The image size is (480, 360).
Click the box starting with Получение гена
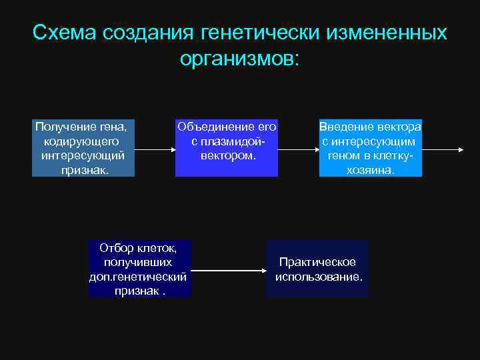[83, 148]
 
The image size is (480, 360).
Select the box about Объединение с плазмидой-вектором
[227, 148]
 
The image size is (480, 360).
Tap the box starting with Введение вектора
[371, 148]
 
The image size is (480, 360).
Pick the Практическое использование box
[317, 269]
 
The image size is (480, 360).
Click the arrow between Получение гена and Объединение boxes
[155, 149]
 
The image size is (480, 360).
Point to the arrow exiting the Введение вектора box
[443, 149]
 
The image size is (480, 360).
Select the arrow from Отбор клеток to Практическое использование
[229, 270]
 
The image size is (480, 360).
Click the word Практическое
[317, 262]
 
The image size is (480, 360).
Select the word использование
[319, 276]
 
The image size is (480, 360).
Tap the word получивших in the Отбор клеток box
[138, 262]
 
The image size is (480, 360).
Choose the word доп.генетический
[138, 277]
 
